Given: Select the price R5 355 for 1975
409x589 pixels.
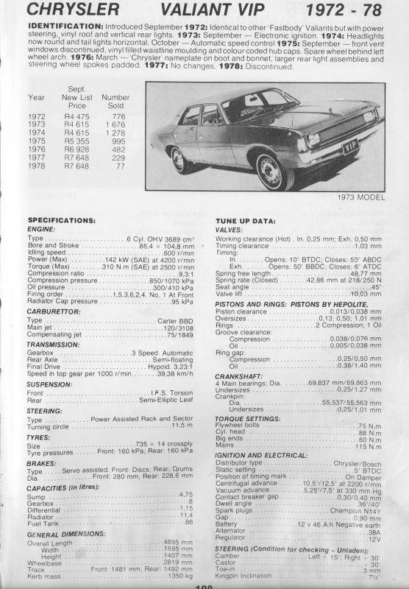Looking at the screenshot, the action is click(77, 140).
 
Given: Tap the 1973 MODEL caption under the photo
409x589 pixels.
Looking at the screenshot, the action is click(358, 198).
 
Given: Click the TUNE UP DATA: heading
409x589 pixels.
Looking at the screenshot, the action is click(246, 220).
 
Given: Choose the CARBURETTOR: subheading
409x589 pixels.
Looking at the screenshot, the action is click(57, 311).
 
